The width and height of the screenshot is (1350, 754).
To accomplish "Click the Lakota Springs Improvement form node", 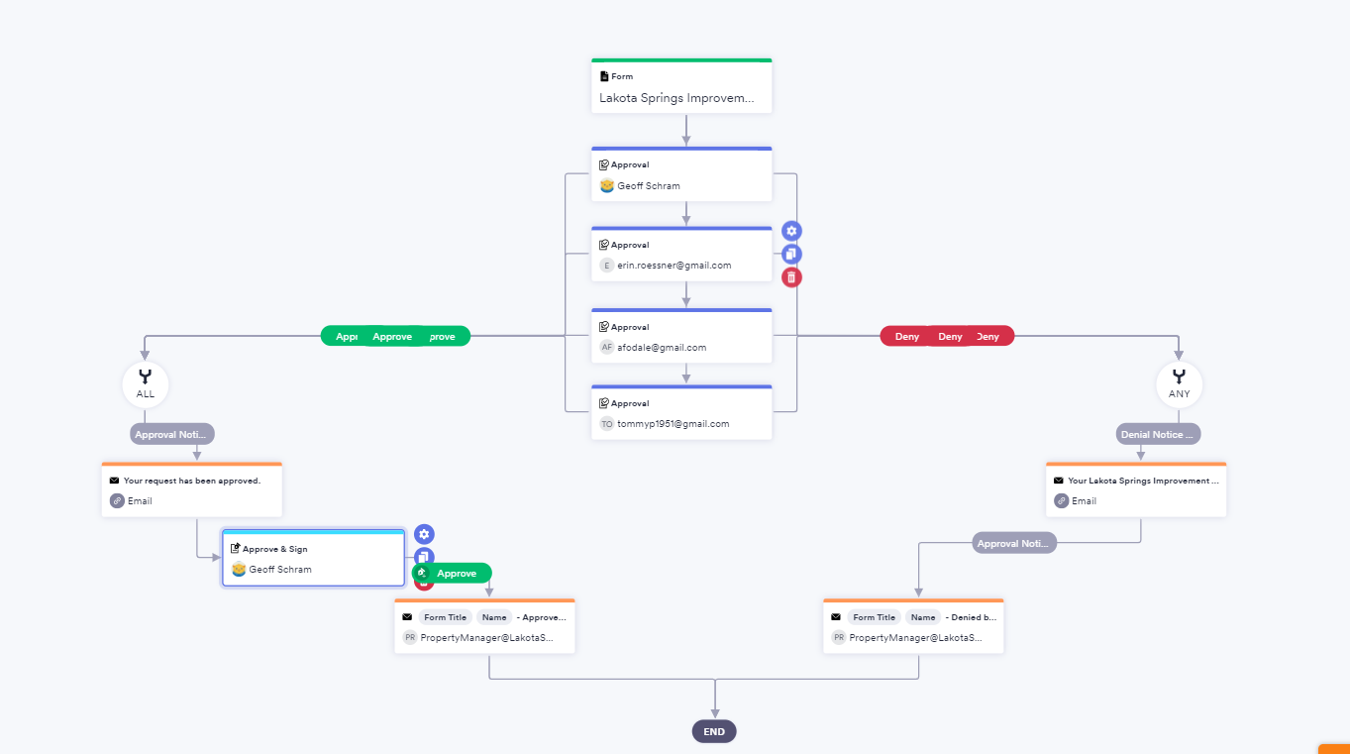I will [x=681, y=87].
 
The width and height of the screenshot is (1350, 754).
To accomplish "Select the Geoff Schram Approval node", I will [x=681, y=175].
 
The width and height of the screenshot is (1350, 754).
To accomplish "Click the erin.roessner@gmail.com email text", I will [x=675, y=266].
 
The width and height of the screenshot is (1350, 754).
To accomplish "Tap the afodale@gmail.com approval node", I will [x=681, y=338].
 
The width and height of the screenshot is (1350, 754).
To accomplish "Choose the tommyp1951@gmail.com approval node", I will [x=681, y=414].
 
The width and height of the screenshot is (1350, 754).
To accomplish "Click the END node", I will [x=714, y=732].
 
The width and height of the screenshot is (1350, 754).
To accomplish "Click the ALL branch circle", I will [x=146, y=383].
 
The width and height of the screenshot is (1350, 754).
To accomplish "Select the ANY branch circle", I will [x=1179, y=383].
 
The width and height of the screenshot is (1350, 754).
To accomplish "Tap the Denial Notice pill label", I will [x=1158, y=434].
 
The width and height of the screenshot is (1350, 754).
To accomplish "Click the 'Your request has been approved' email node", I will [x=192, y=490].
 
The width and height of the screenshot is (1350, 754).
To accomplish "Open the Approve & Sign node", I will [x=313, y=560].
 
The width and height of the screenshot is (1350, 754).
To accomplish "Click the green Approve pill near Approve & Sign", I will [x=457, y=574].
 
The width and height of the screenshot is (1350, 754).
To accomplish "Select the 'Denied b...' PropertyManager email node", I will [x=913, y=627].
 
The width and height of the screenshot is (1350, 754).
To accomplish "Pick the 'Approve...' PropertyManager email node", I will [x=484, y=627].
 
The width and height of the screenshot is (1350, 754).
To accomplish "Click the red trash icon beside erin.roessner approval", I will [x=791, y=277].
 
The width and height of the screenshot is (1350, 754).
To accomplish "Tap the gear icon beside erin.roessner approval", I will [x=791, y=231].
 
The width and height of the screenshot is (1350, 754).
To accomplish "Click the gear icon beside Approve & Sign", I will [x=424, y=534].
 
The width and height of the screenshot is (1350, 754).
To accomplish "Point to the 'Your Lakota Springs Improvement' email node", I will [x=1136, y=490].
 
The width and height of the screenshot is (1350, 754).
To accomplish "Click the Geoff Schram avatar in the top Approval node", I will [x=607, y=186].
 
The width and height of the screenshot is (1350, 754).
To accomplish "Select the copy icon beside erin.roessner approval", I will [x=791, y=255].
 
